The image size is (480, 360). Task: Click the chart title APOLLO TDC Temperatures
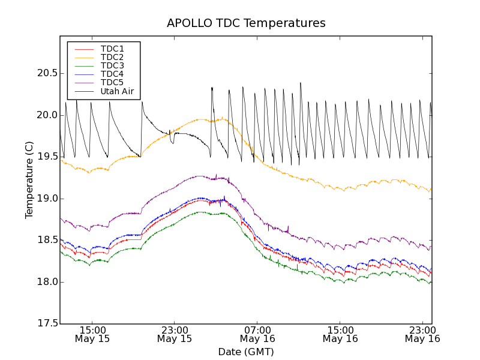point(246,23)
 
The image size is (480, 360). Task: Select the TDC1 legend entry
point(112,49)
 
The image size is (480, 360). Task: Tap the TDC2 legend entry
point(112,57)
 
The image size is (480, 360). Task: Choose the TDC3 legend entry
point(112,65)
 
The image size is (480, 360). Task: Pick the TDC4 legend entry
point(112,74)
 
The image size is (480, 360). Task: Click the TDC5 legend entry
point(112,82)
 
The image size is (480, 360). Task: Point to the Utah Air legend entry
point(117,92)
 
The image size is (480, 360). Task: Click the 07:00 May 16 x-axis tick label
point(257,334)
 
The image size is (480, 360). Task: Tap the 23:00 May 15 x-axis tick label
point(175,334)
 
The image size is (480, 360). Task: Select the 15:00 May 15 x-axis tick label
point(92,334)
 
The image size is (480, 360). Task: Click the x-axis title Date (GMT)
point(246,352)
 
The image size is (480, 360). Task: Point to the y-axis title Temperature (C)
point(29,180)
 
